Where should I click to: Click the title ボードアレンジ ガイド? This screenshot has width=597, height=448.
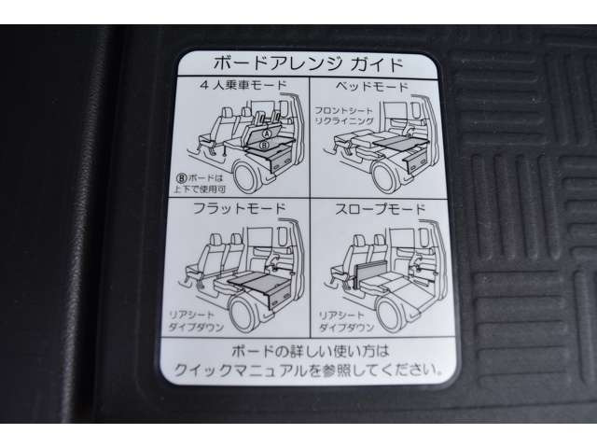click(x=308, y=64)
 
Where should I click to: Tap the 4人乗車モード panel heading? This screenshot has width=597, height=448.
click(x=243, y=85)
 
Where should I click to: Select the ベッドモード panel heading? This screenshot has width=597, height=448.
click(x=371, y=86)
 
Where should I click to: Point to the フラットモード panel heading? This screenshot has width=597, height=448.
click(x=239, y=208)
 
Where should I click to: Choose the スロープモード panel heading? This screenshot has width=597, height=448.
click(x=380, y=209)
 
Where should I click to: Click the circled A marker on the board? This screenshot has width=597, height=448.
click(x=268, y=133)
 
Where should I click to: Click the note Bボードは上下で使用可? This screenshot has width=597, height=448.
click(x=200, y=183)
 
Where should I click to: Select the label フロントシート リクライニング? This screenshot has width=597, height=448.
click(x=343, y=116)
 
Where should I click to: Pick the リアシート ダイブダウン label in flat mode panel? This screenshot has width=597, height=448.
click(x=195, y=321)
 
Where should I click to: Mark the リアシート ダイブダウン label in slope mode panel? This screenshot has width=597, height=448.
click(x=346, y=321)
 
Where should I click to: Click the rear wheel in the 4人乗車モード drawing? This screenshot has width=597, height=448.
click(x=250, y=176)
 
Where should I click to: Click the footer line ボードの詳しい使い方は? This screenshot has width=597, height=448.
click(x=310, y=351)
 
